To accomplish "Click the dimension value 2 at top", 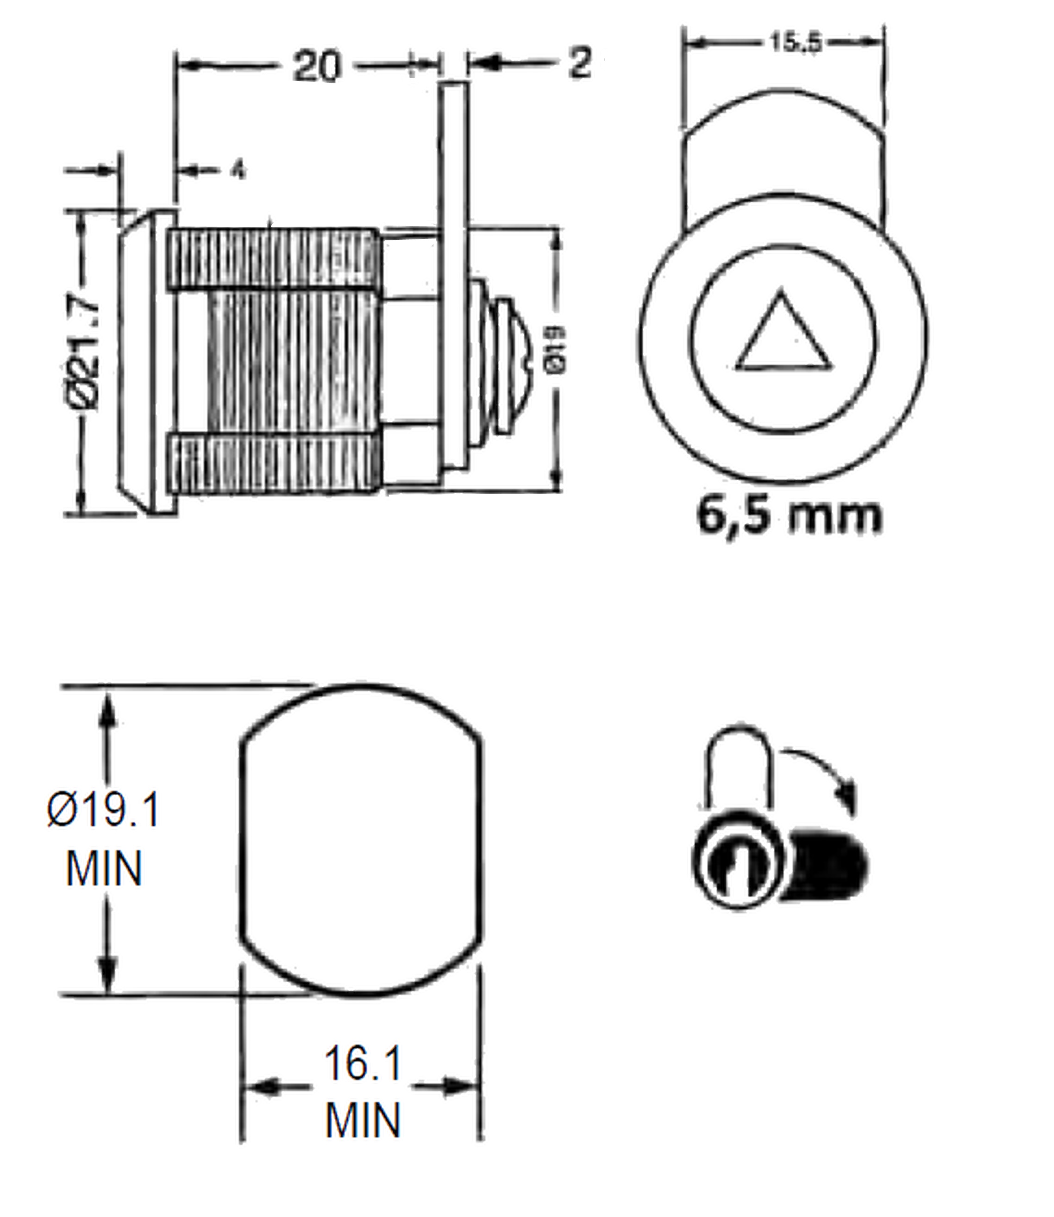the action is pyautogui.click(x=579, y=63).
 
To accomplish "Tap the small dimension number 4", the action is pyautogui.click(x=237, y=170).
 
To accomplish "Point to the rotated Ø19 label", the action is pyautogui.click(x=555, y=350).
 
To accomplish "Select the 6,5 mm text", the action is pyautogui.click(x=789, y=515).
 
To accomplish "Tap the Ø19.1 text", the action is pyautogui.click(x=103, y=809).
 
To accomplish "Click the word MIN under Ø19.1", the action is pyautogui.click(x=104, y=869).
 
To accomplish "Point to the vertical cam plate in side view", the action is pyautogui.click(x=453, y=276).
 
